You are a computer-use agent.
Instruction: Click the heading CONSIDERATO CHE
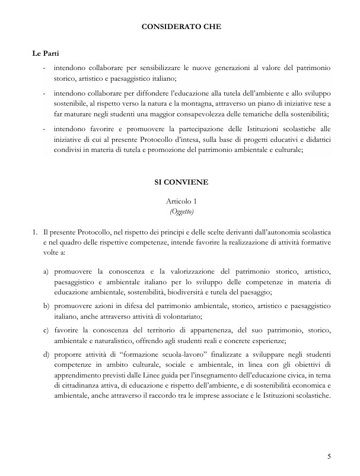click(180, 26)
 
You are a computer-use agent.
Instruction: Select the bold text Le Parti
click(45, 54)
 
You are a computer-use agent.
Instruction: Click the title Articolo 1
click(180, 202)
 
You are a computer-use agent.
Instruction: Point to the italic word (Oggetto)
click(180, 211)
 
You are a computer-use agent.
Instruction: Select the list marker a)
click(46, 271)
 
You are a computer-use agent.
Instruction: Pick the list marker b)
click(46, 305)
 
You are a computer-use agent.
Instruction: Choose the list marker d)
click(46, 355)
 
